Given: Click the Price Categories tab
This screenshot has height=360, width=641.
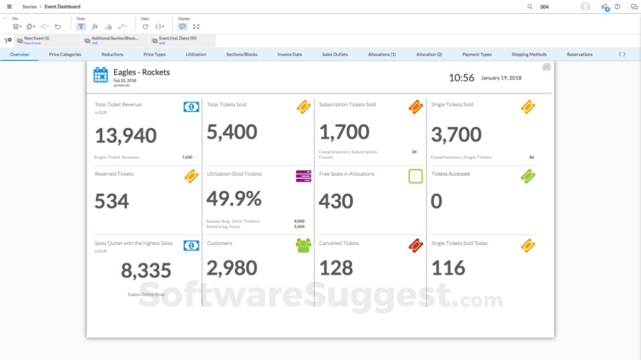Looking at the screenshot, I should (65, 55).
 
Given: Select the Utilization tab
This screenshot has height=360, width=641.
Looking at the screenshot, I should (196, 55).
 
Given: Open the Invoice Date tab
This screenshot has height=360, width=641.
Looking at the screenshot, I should (290, 55).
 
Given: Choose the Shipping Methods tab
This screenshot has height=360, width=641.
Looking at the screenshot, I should (529, 55).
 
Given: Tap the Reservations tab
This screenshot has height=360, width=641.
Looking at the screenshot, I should (580, 55).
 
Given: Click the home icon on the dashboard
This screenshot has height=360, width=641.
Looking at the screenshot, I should (546, 67).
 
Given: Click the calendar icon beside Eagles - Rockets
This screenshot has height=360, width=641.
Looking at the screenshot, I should (101, 75).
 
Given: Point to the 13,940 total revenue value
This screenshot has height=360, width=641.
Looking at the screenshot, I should (126, 136).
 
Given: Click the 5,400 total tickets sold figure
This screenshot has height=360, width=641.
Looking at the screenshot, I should (232, 132).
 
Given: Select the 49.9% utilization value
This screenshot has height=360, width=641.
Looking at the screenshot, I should (234, 199).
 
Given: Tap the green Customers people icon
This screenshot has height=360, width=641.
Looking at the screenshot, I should (304, 246).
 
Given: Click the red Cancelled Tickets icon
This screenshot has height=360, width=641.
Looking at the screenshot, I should (415, 246).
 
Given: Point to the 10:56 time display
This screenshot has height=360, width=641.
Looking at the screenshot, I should (461, 78).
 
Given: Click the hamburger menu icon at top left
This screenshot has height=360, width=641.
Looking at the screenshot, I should (9, 7).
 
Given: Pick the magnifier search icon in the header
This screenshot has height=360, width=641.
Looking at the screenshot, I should (530, 7).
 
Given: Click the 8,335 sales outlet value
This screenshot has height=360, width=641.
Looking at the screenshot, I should (146, 271).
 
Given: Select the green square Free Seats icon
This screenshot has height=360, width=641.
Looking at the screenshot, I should (415, 176).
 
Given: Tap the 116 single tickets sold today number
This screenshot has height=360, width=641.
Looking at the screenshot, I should (448, 268).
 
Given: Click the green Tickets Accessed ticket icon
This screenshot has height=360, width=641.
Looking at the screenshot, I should (527, 176).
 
